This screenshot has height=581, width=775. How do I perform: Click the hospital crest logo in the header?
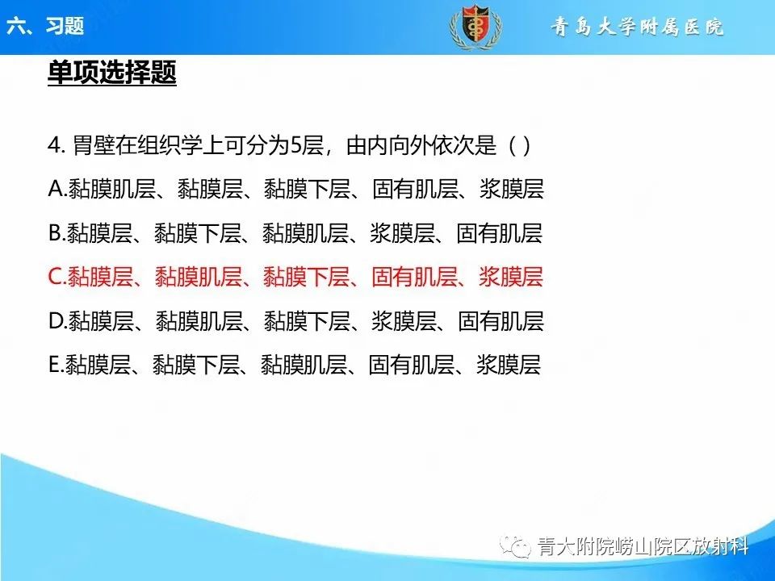tap(475, 27)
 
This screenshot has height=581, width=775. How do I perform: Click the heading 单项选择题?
tap(111, 74)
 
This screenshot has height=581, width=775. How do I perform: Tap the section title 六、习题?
tap(45, 26)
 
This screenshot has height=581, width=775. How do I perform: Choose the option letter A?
tap(57, 190)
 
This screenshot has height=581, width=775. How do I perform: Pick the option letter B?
tap(57, 234)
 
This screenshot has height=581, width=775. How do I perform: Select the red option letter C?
tap(57, 278)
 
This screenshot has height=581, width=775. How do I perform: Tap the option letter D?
tap(57, 321)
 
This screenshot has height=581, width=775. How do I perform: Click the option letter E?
tap(56, 365)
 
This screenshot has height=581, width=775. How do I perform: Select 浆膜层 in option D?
tap(403, 321)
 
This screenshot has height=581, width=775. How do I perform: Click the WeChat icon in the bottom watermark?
tap(517, 547)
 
